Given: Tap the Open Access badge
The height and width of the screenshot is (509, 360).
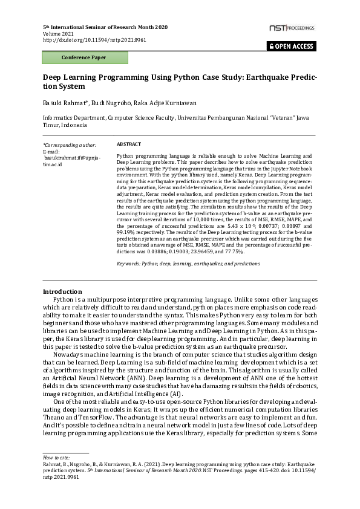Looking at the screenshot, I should (291, 46).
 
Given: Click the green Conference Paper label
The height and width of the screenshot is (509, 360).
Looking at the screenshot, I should (84, 58).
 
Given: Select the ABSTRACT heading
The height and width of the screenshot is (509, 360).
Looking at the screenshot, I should (128, 144).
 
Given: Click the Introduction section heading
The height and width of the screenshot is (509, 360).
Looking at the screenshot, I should (62, 291).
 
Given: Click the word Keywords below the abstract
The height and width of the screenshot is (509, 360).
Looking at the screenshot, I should (128, 264).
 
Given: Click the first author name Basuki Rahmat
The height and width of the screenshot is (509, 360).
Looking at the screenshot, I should (64, 103).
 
